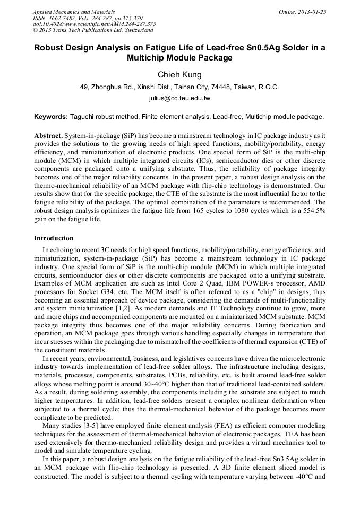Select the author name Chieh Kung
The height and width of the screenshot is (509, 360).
pos(179,75)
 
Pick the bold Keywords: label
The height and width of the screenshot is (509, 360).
pos(51,116)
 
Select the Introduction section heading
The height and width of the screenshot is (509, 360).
pos(54,238)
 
